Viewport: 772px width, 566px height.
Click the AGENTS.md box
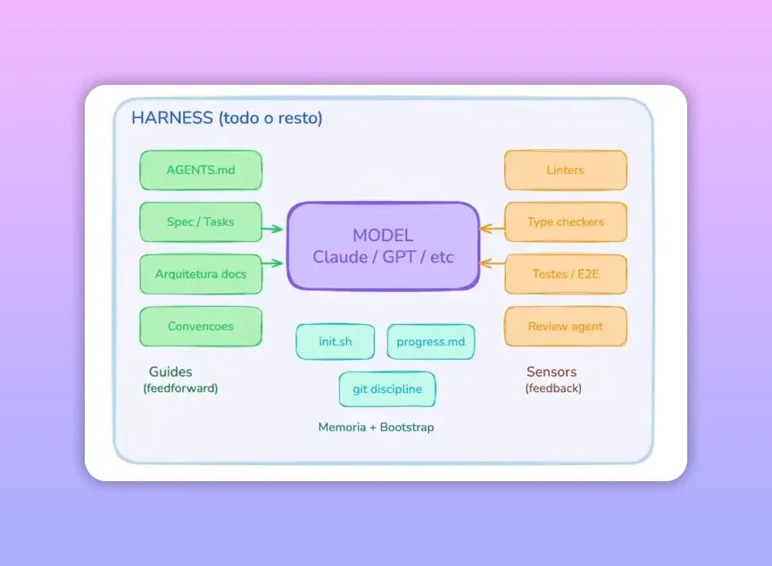point(201,170)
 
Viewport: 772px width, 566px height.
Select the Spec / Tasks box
point(201,221)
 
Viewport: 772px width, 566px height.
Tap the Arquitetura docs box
point(201,274)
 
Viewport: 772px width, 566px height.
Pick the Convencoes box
point(201,326)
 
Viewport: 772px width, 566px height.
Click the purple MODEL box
point(383,246)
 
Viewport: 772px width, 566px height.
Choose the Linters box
point(565,170)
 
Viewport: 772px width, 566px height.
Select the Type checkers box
point(565,221)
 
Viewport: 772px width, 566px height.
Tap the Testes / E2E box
point(565,274)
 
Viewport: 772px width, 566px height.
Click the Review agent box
point(565,326)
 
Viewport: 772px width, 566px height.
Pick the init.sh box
point(336,342)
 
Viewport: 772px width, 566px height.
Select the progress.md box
point(431,342)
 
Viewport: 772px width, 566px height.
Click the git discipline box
point(387,389)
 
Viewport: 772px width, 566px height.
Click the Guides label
point(170,371)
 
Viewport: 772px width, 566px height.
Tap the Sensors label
point(552,371)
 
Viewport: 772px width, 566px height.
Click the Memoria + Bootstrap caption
point(376,428)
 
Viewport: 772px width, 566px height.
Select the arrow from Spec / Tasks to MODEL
point(272,229)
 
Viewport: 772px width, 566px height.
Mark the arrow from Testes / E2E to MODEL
point(493,263)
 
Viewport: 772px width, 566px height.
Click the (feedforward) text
point(180,389)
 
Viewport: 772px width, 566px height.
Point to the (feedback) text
point(553,389)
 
